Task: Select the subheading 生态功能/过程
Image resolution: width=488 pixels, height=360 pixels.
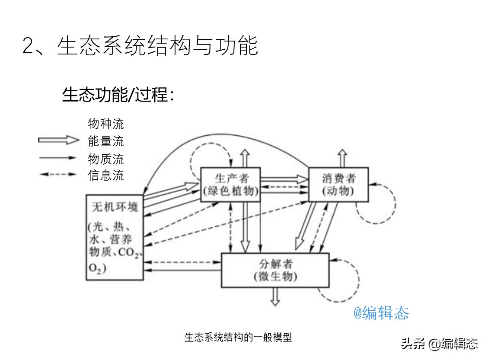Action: [x=118, y=95]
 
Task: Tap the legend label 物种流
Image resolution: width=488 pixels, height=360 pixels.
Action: [x=106, y=124]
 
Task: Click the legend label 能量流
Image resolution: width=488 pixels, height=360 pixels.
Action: [x=106, y=141]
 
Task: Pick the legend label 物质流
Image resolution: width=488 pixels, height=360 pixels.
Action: [x=106, y=159]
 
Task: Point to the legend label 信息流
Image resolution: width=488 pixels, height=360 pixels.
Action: [x=106, y=175]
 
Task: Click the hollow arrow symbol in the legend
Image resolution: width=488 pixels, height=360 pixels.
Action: [x=59, y=140]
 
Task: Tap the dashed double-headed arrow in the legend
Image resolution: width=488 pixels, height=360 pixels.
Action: [x=58, y=175]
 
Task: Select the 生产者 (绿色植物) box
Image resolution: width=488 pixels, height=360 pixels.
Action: [x=231, y=185]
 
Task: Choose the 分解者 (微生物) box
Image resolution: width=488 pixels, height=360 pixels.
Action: [x=275, y=270]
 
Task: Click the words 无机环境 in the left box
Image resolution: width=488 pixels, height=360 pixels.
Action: [x=115, y=207]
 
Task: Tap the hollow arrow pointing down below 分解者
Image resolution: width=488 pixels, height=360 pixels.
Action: [x=275, y=297]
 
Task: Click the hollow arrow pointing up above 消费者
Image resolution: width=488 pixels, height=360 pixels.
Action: [x=342, y=158]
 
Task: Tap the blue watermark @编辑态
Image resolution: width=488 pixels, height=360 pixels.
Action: [x=381, y=312]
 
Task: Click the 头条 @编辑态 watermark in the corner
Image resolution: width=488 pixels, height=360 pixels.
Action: [x=440, y=344]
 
